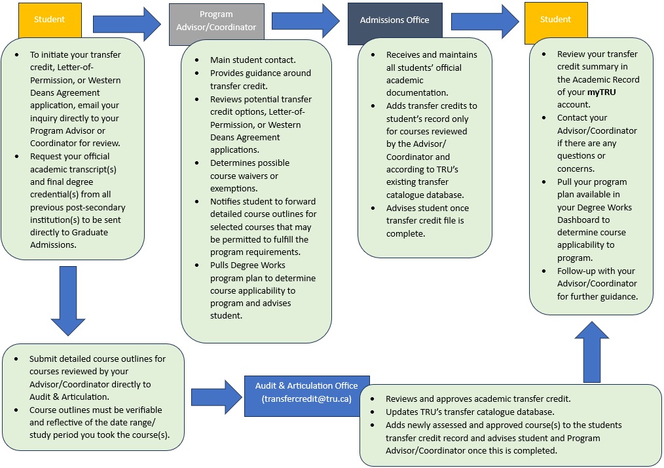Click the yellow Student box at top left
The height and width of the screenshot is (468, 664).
pyautogui.click(x=49, y=20)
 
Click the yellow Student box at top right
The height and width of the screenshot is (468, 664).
pyautogui.click(x=555, y=20)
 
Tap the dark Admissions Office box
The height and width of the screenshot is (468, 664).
pyautogui.click(x=394, y=20)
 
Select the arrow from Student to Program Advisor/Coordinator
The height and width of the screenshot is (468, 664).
pyautogui.click(x=126, y=24)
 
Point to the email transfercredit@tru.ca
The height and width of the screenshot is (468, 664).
pyautogui.click(x=307, y=399)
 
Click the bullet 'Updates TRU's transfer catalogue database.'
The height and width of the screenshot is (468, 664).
pyautogui.click(x=470, y=412)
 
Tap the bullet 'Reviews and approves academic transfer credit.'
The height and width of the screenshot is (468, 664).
pyautogui.click(x=478, y=399)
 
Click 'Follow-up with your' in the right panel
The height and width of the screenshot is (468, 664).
pyautogui.click(x=596, y=271)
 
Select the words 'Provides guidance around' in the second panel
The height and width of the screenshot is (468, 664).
pyautogui.click(x=261, y=73)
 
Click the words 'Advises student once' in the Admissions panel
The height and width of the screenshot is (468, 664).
pyautogui.click(x=427, y=208)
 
